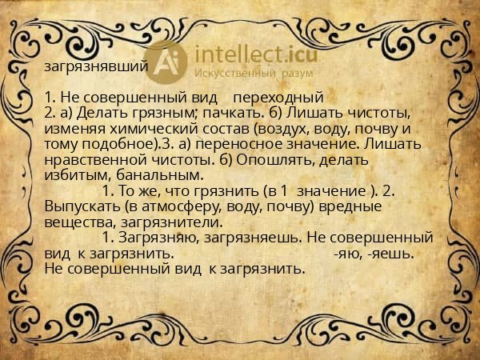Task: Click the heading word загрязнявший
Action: pyautogui.click(x=96, y=66)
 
